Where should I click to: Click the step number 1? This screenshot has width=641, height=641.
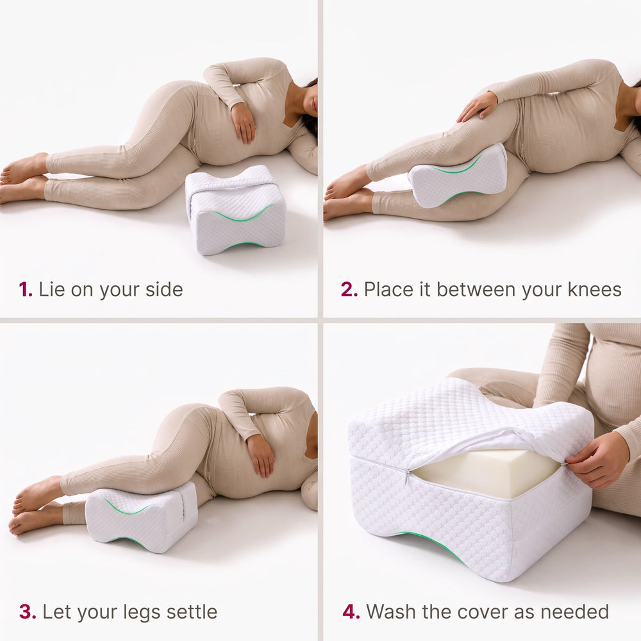point(26,290)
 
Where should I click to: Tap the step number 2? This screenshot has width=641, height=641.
point(349,290)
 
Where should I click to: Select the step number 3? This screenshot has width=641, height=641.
point(28,612)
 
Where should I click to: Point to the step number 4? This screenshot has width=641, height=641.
point(351,612)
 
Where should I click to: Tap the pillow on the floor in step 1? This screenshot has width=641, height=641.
point(236,210)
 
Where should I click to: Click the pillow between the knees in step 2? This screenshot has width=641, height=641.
point(458,175)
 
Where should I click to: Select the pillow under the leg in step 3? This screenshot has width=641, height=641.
point(141,517)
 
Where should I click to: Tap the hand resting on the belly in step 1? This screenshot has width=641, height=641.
point(244,122)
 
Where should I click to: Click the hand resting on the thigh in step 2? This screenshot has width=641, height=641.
point(478,107)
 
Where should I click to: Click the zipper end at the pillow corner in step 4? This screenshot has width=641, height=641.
point(408,476)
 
